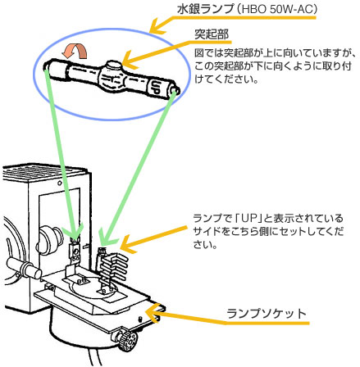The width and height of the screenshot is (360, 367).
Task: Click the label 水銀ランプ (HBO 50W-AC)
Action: pyautogui.click(x=247, y=9)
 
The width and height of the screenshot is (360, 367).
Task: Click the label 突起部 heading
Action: pyautogui.click(x=212, y=34)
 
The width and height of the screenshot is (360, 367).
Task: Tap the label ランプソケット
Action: pyautogui.click(x=267, y=314)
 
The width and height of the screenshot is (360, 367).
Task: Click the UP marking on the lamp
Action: pyautogui.click(x=155, y=87)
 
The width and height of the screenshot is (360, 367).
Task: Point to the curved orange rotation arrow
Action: pyautogui.click(x=75, y=52)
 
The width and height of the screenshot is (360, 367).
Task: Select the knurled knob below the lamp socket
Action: pyautogui.click(x=125, y=339)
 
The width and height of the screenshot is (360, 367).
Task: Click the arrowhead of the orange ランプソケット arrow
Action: pyautogui.click(x=152, y=312)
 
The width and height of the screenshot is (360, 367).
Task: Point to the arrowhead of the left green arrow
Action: pyautogui.click(x=72, y=234)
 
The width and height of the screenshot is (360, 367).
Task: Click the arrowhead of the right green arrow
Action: pyautogui.click(x=105, y=238)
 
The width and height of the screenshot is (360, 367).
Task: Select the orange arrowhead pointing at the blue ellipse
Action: pyautogui.click(x=157, y=27)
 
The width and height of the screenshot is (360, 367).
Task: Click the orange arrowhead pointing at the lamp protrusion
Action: pyautogui.click(x=129, y=61)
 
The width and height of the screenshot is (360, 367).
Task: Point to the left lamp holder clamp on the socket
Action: pyautogui.click(x=74, y=251)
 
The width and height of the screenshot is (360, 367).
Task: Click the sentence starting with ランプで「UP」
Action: pyautogui.click(x=268, y=231)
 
